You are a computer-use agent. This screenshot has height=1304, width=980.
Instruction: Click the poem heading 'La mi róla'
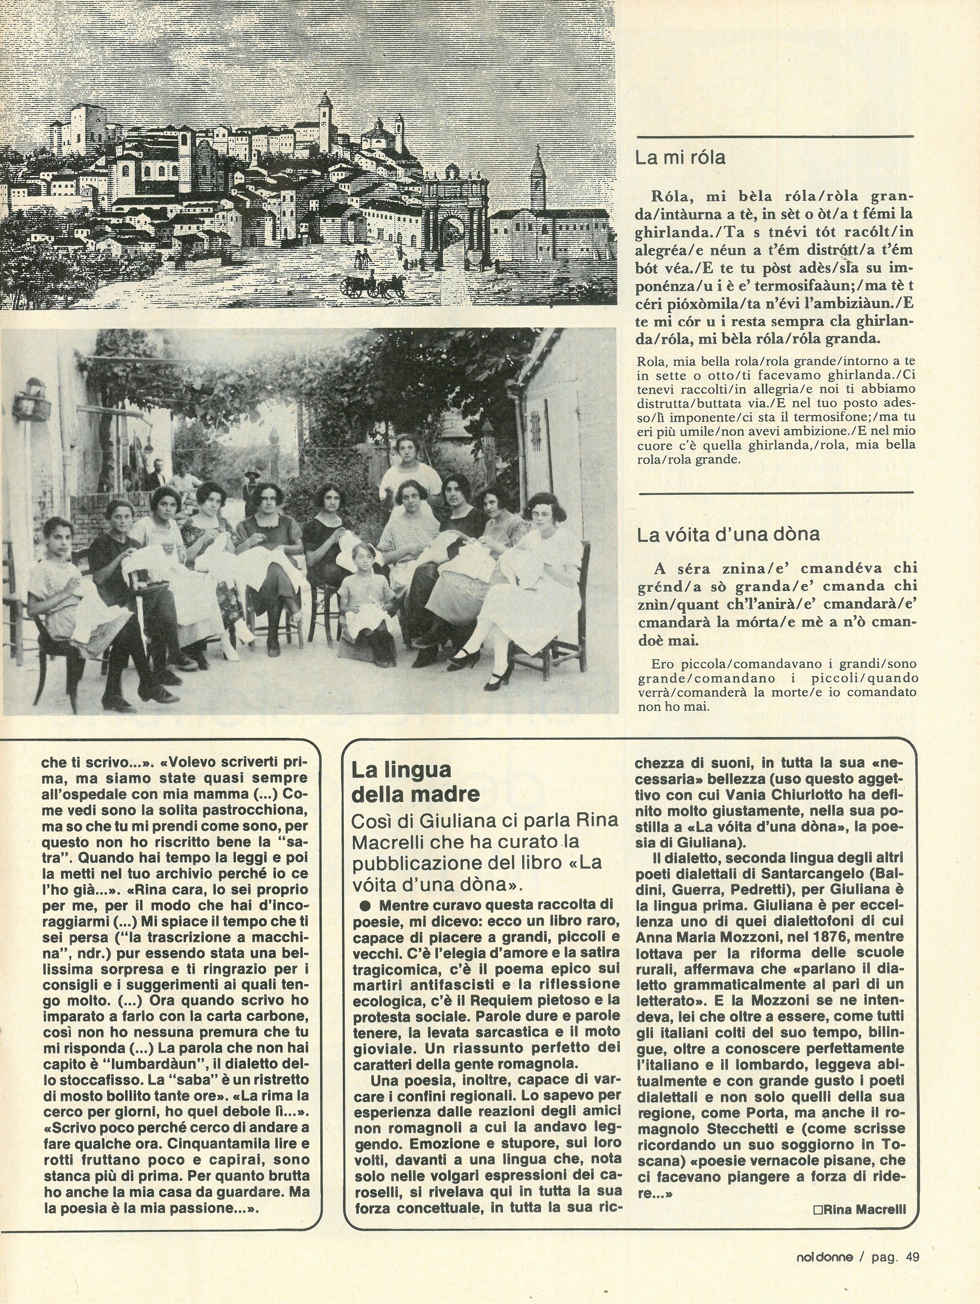(680, 158)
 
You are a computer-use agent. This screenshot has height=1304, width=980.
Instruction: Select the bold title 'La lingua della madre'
(415, 782)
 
